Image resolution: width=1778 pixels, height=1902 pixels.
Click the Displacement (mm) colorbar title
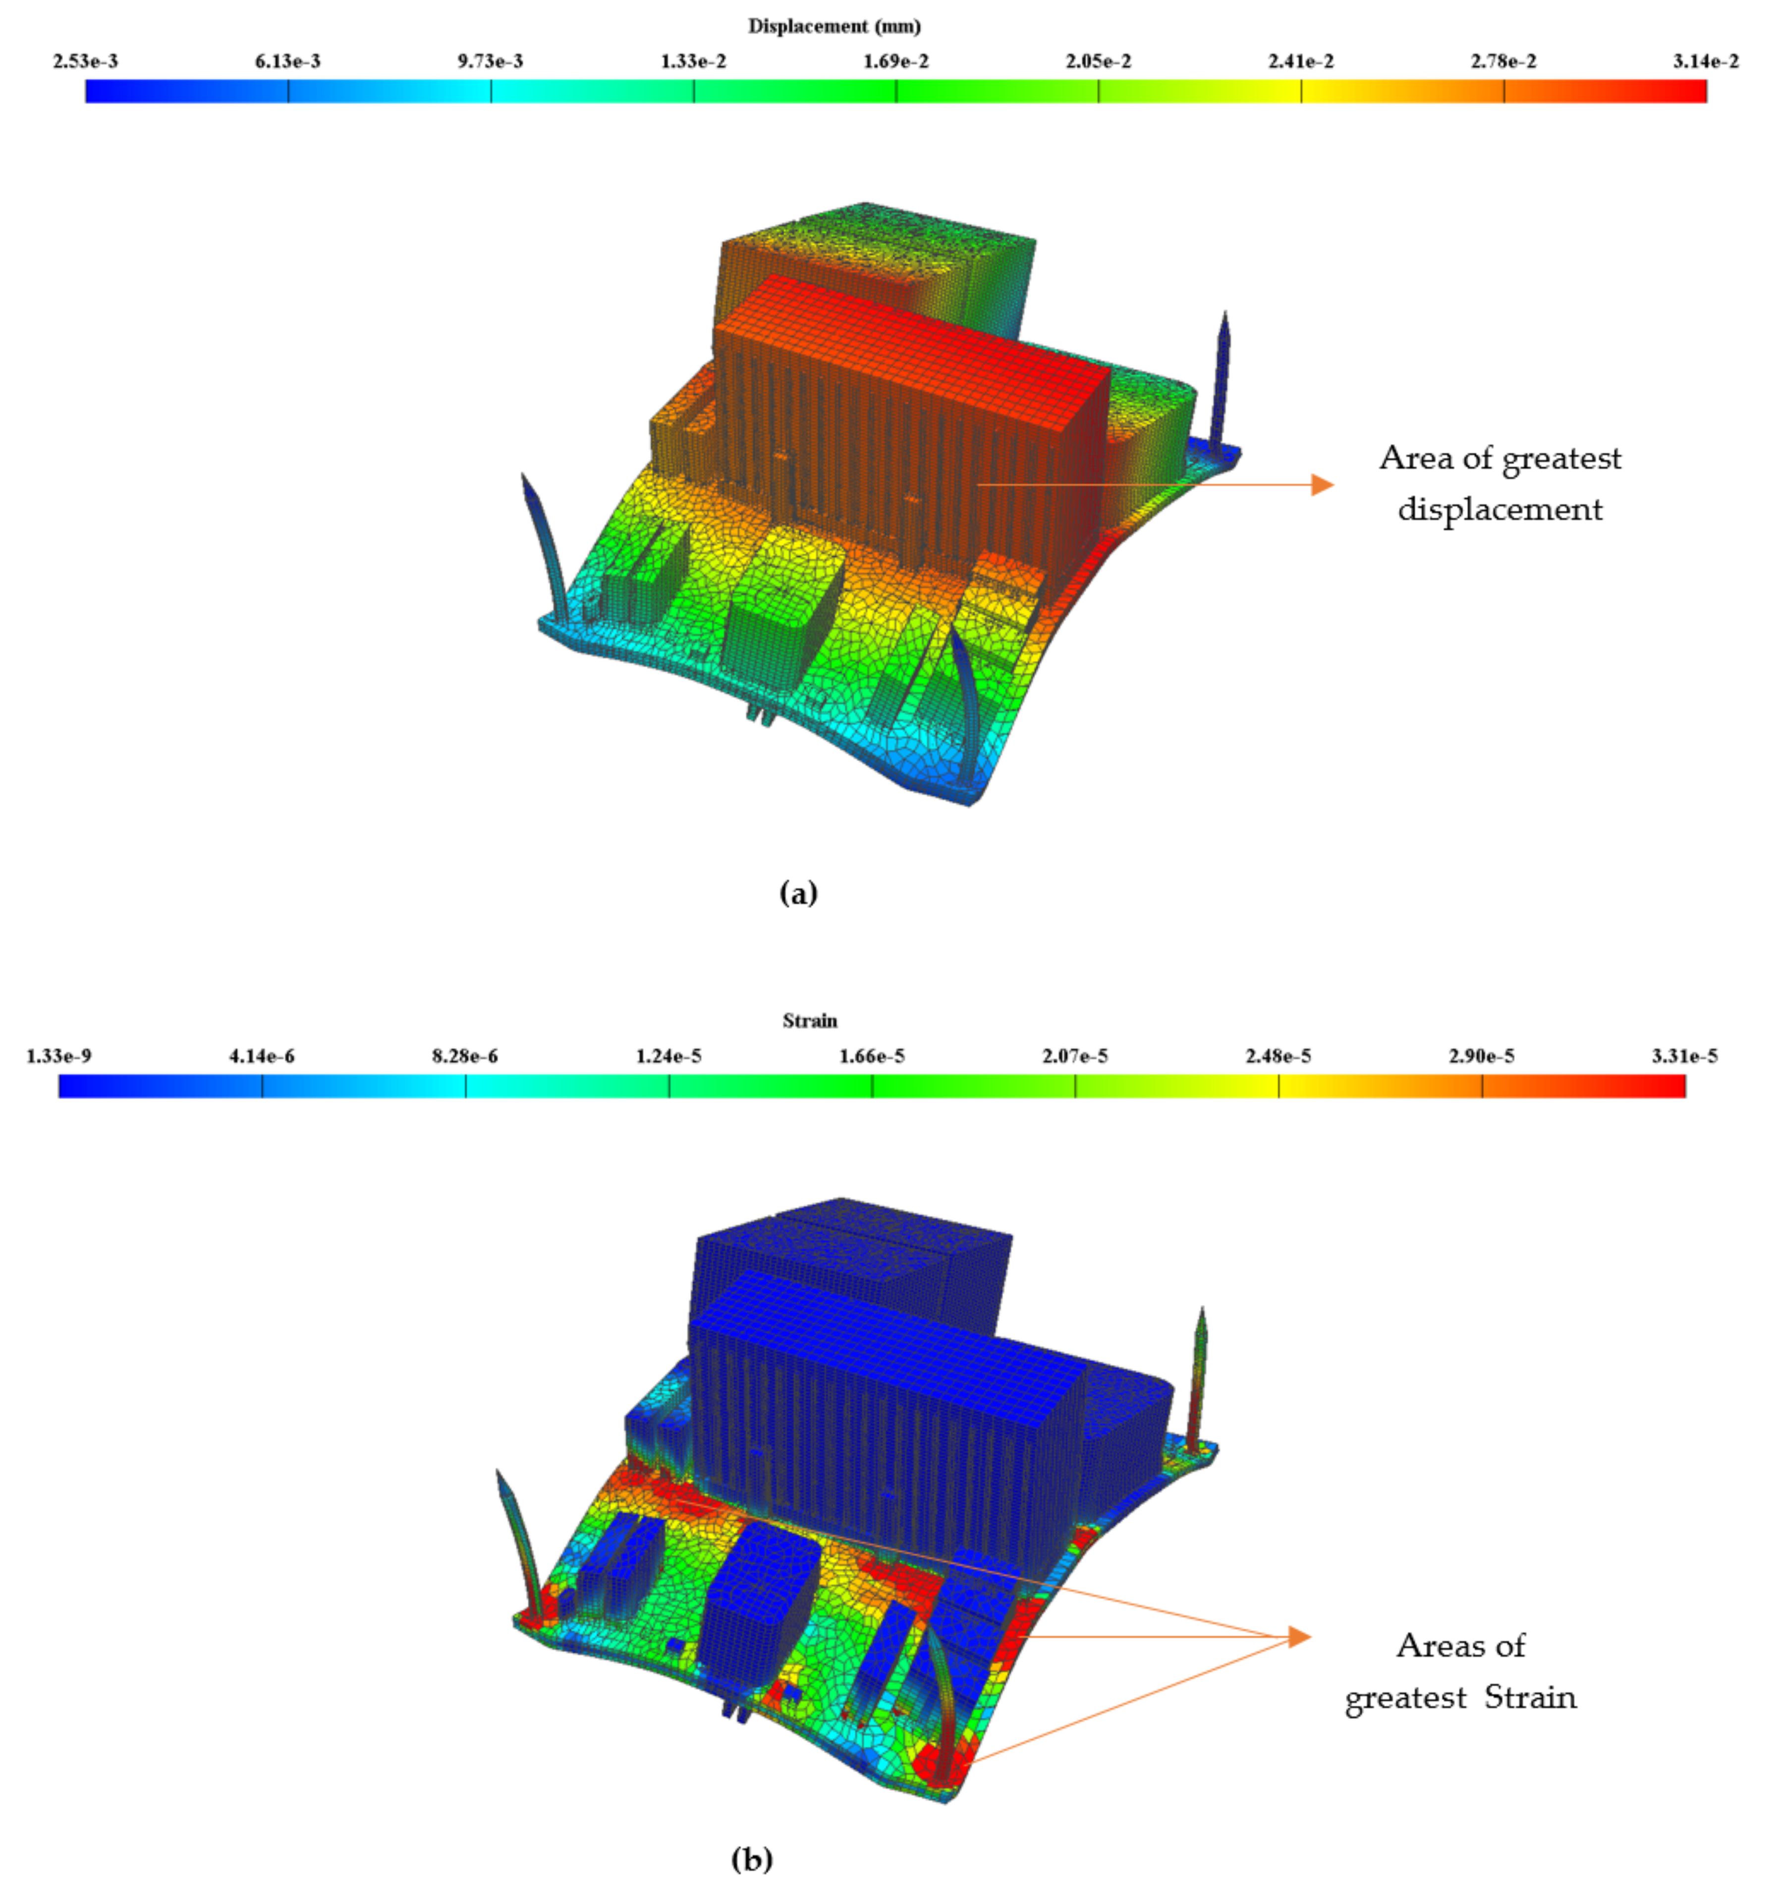click(834, 26)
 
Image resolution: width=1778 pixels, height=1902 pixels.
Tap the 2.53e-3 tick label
click(85, 61)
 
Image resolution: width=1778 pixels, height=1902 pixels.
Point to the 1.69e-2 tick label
click(896, 61)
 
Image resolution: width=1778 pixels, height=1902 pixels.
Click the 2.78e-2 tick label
click(1503, 61)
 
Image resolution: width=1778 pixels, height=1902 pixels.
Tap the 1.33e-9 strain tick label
click(59, 1056)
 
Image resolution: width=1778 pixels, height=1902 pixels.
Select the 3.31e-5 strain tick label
click(1684, 1056)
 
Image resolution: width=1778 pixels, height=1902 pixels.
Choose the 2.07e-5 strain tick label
click(1075, 1056)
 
